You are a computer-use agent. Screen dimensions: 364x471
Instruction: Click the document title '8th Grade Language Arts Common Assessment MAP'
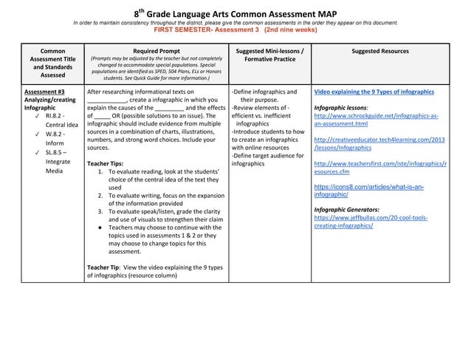(x=235, y=13)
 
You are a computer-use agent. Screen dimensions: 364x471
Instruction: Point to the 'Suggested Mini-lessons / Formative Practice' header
(x=269, y=55)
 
